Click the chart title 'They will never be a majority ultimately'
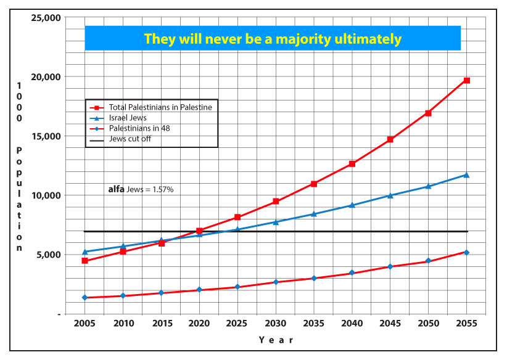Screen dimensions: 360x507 (273, 39)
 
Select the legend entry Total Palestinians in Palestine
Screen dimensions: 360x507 (160, 107)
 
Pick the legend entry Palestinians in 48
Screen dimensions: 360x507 (139, 128)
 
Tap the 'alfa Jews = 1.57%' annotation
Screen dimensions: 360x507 (141, 190)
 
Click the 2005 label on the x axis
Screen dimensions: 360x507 (84, 324)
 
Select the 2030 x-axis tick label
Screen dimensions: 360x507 (276, 324)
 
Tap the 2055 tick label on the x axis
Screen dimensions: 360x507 (466, 324)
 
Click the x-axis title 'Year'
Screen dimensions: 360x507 (276, 340)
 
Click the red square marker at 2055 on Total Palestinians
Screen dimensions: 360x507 (467, 81)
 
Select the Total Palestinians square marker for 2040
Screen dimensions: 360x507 (352, 164)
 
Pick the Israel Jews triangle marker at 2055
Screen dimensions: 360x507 (467, 174)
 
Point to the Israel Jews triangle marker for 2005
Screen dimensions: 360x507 (84, 252)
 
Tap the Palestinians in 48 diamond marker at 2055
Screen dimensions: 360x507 (467, 252)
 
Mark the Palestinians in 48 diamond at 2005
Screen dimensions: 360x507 (84, 298)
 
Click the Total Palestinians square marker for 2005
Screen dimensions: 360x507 (84, 261)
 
